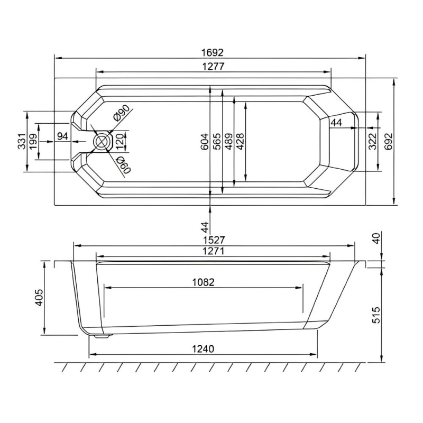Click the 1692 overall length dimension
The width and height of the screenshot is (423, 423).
tap(213, 52)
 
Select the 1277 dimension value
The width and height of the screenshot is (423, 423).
tap(213, 67)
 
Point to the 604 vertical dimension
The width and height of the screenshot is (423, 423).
tap(205, 141)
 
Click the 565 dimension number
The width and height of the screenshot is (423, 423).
tap(217, 141)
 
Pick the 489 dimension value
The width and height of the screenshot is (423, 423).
tap(228, 141)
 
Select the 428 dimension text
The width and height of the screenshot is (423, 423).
tap(240, 141)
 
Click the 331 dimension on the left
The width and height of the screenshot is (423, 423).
tap(22, 141)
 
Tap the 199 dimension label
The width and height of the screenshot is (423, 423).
tap(34, 141)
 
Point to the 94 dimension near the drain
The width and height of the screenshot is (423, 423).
tap(62, 136)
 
